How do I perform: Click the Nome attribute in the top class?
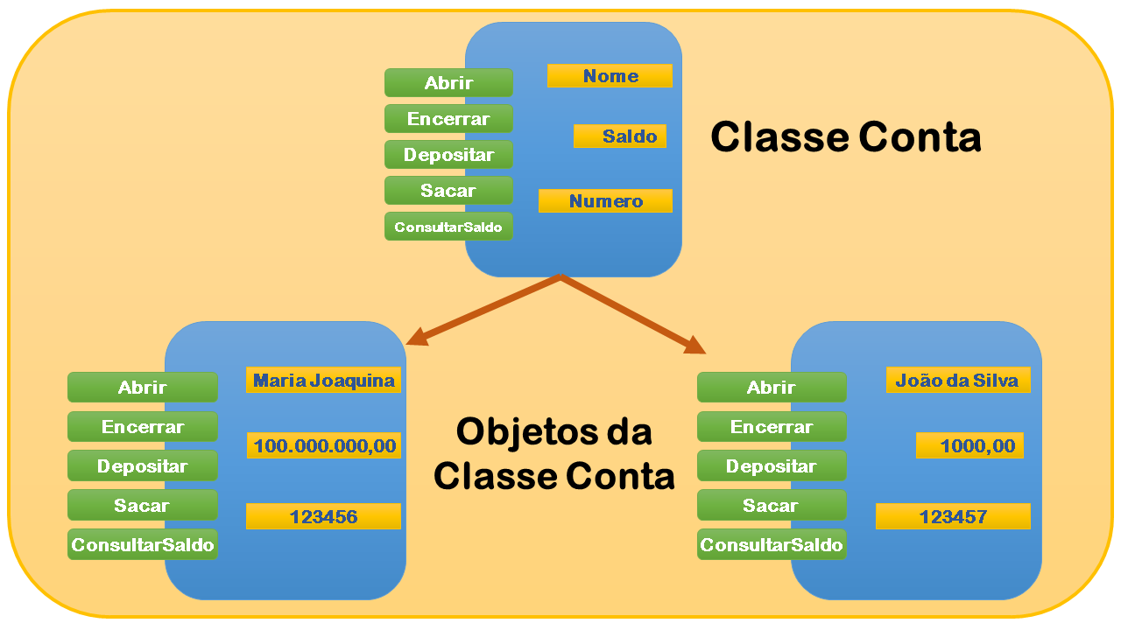tap(610, 76)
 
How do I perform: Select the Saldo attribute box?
tap(620, 136)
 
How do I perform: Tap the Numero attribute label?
tap(605, 201)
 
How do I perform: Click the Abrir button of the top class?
tap(448, 83)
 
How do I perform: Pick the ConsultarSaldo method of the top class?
tap(448, 227)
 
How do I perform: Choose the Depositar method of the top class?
tap(448, 155)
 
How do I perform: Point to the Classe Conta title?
tap(845, 137)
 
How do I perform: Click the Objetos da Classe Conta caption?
tap(553, 453)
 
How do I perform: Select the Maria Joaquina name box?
tap(323, 381)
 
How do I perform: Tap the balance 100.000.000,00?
tap(324, 446)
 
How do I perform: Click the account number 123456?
tap(323, 516)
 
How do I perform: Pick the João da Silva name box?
tap(956, 381)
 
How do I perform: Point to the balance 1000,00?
tap(970, 446)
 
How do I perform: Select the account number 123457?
tap(953, 516)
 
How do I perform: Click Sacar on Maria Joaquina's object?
tap(142, 506)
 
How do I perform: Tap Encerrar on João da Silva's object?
tap(772, 427)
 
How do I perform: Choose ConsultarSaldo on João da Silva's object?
tap(772, 545)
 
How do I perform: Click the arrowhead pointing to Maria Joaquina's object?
tap(417, 337)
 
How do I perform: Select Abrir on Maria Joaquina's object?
tap(142, 388)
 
